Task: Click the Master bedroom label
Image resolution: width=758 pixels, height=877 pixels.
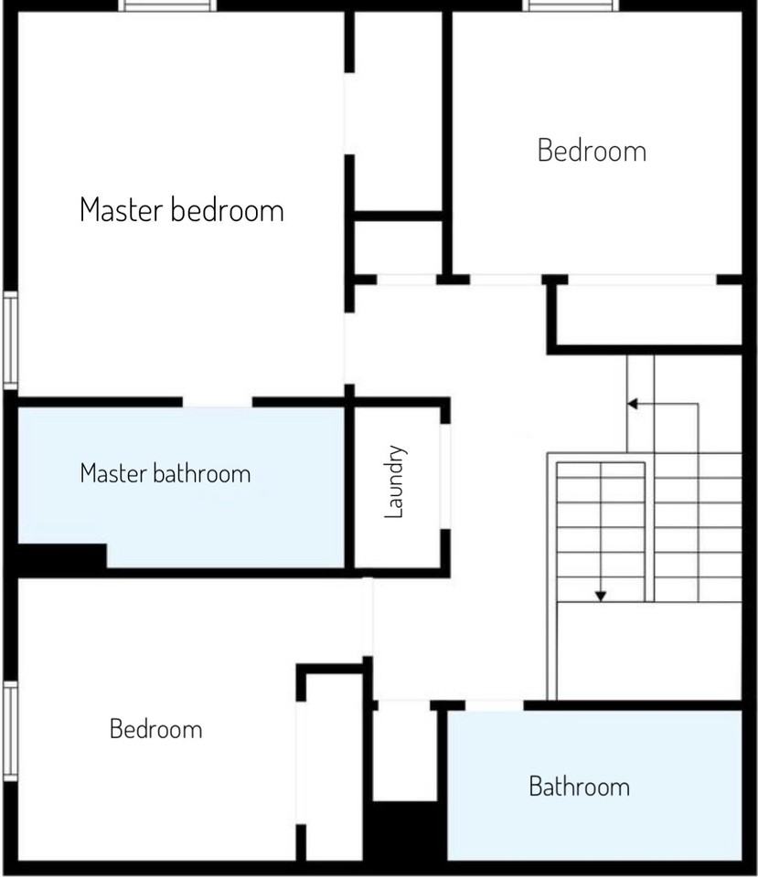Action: pyautogui.click(x=182, y=210)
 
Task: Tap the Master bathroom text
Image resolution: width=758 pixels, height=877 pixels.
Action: pyautogui.click(x=165, y=474)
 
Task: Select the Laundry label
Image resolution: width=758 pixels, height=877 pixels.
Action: pyautogui.click(x=394, y=481)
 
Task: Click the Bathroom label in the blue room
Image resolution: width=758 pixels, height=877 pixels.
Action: pyautogui.click(x=579, y=787)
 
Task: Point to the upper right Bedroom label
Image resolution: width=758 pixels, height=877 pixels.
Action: pyautogui.click(x=592, y=151)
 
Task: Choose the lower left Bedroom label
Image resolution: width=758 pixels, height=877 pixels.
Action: pyautogui.click(x=155, y=730)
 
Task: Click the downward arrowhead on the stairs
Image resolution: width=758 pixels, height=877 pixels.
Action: pyautogui.click(x=601, y=596)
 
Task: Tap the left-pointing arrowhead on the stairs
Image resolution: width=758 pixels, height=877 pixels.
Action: pyautogui.click(x=632, y=403)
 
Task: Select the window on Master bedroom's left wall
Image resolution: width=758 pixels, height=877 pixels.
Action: pyautogui.click(x=9, y=340)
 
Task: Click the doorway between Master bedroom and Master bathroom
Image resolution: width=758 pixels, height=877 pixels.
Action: pyautogui.click(x=218, y=402)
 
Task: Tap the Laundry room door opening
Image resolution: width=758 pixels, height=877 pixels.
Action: pyautogui.click(x=445, y=476)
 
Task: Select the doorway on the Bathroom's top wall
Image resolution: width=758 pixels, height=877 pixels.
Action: pyautogui.click(x=495, y=704)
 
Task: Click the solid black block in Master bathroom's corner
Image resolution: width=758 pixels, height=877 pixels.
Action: pyautogui.click(x=60, y=555)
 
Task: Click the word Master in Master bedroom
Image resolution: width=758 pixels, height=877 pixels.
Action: pyautogui.click(x=123, y=210)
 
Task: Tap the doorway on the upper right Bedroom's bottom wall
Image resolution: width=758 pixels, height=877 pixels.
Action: pyautogui.click(x=506, y=279)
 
